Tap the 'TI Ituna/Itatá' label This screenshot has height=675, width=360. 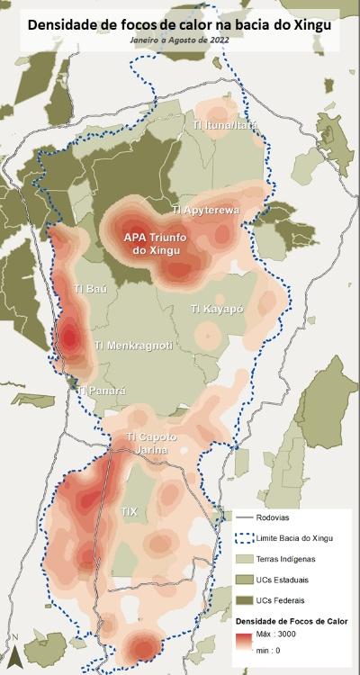[224, 125]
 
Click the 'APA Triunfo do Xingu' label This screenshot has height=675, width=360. [157, 242]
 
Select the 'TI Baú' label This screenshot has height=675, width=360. [90, 289]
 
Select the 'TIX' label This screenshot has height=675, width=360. [130, 510]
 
